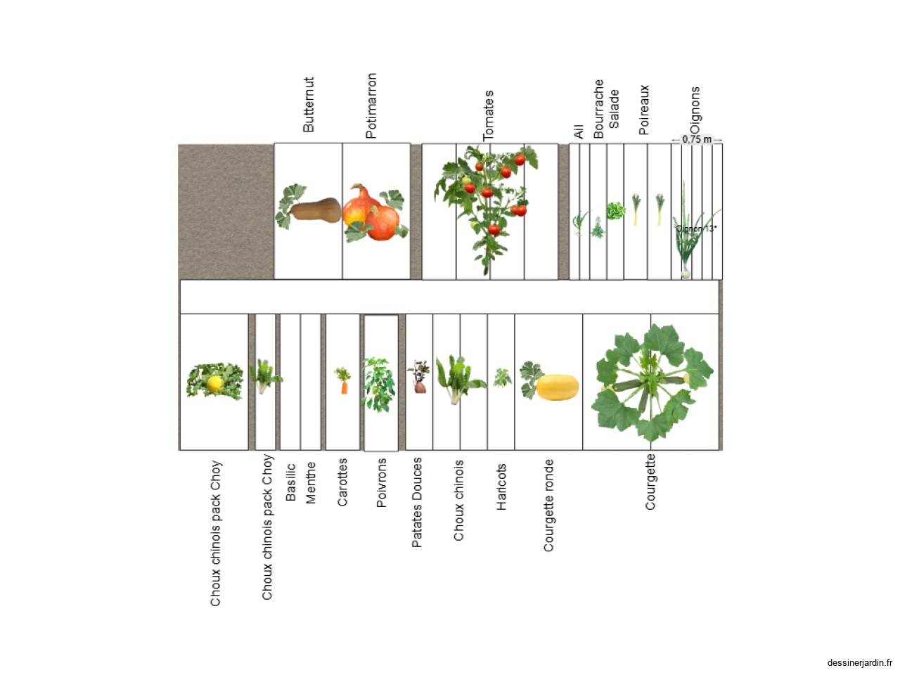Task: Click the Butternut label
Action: (309, 105)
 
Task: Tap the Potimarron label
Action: (371, 105)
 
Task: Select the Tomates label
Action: (488, 116)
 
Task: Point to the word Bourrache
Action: (598, 108)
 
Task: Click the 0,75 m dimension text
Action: (697, 139)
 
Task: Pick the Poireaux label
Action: (644, 110)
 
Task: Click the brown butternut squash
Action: (315, 210)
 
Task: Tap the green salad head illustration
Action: (616, 211)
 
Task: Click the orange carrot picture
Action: (344, 387)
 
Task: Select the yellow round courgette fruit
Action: (557, 387)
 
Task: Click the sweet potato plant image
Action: (419, 377)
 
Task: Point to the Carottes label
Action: (342, 482)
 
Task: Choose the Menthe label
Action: (310, 483)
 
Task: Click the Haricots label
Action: (501, 487)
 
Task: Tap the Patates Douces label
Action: (416, 503)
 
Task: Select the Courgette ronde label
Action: (548, 506)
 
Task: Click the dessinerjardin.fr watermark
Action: (859, 663)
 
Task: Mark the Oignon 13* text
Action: (696, 229)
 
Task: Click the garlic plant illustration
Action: (579, 223)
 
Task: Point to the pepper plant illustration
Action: (378, 385)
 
